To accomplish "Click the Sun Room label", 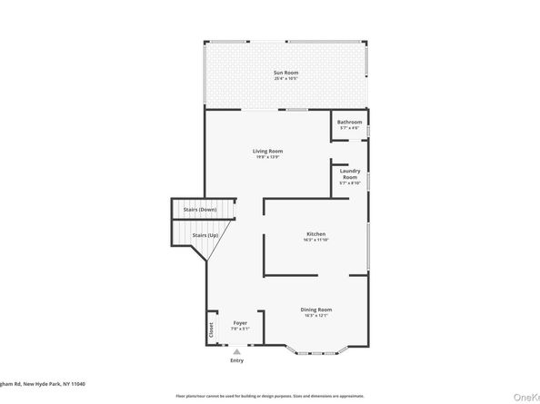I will coord(286,73).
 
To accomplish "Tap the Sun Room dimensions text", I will coord(286,79).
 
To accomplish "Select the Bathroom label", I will coord(350,122).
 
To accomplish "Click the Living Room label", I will coord(267,151).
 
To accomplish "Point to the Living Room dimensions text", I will coord(267,157).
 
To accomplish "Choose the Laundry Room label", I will coord(350,173).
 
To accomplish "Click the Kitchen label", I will coord(315,234).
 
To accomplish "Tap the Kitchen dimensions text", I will coord(315,241).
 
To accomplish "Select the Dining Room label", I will coord(316,310).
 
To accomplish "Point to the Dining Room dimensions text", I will coord(316,316).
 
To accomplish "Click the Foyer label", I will coord(240,322).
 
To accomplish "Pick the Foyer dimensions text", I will coord(240,329).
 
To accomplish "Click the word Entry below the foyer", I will coord(237,360).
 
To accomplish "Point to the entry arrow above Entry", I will coord(237,351).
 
